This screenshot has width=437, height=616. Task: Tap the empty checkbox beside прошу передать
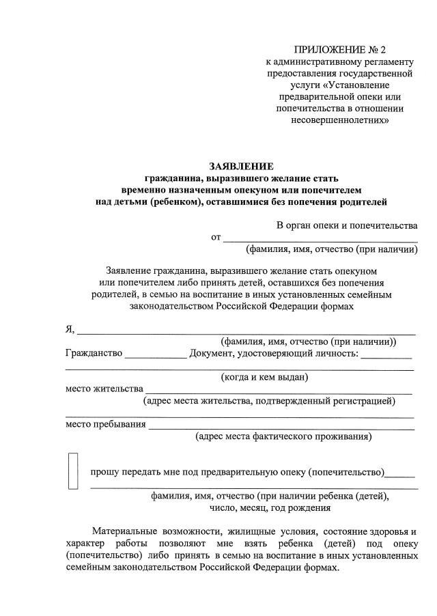pos(73,471)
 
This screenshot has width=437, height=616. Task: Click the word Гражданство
pos(94,353)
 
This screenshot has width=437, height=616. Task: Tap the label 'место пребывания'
pos(106,424)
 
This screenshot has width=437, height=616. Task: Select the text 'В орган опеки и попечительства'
pos(347,225)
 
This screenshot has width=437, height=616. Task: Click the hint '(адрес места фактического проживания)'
pos(283,436)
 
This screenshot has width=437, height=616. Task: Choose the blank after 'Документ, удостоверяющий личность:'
pos(386,356)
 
